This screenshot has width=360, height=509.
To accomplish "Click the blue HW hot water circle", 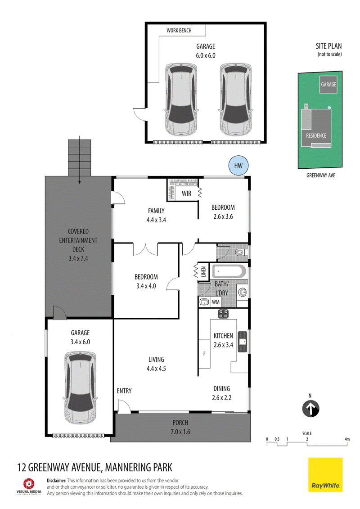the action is click(238, 166).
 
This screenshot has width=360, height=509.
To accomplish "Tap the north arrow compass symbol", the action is click(310, 409).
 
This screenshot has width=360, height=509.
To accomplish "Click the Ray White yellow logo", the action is click(325, 475).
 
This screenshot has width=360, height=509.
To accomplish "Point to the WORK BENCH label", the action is click(179, 31).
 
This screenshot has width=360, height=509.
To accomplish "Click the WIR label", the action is click(186, 194).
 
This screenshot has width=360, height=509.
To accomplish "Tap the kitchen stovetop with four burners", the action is click(223, 314).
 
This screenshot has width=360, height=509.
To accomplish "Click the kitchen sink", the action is click(243, 342).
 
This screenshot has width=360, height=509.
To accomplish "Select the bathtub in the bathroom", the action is click(229, 271).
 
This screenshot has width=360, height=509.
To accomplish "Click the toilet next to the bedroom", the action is click(241, 252).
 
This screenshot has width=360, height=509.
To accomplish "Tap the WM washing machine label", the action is click(216, 302).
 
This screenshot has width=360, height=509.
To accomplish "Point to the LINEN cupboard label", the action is click(203, 271).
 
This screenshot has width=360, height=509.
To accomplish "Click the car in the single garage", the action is click(80, 387).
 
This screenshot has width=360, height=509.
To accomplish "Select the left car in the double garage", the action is click(181, 99).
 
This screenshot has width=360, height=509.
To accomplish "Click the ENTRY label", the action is click(124, 391).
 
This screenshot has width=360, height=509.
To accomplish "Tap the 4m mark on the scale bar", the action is click(347, 439).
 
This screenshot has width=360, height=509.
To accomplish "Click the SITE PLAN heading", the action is click(328, 46).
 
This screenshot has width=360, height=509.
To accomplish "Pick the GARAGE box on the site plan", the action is click(328, 85).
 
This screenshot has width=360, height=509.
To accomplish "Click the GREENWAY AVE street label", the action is click(321, 176).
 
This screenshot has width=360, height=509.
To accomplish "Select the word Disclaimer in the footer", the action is click(57, 481).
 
